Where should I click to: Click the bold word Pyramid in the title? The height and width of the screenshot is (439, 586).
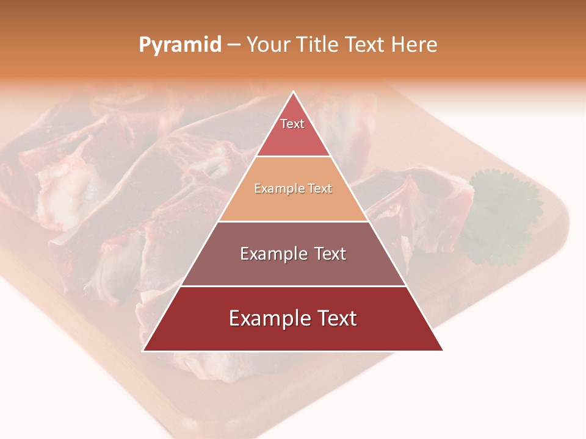[180, 45]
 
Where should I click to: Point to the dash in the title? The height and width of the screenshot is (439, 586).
[234, 45]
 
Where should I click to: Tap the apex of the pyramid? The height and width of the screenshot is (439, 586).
[294, 93]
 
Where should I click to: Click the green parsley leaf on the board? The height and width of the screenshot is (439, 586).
[501, 213]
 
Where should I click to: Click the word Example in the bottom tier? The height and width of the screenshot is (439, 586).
[267, 318]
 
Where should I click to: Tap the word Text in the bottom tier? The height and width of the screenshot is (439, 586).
[335, 318]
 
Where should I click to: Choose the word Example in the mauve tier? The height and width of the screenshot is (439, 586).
[270, 254]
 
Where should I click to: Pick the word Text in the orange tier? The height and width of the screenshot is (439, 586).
[320, 189]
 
